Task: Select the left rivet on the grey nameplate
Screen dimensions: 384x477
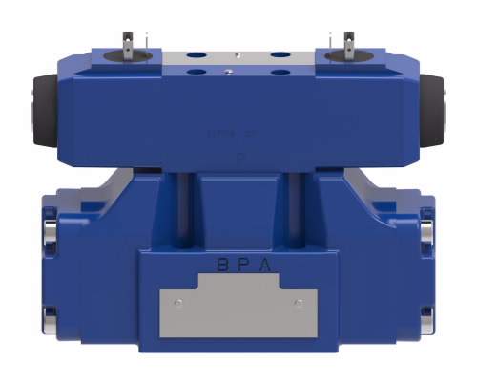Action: click(x=178, y=303)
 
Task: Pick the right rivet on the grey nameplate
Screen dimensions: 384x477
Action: click(x=299, y=303)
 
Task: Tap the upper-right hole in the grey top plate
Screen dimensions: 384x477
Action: click(x=280, y=54)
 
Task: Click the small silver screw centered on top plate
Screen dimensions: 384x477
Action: click(x=229, y=68)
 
